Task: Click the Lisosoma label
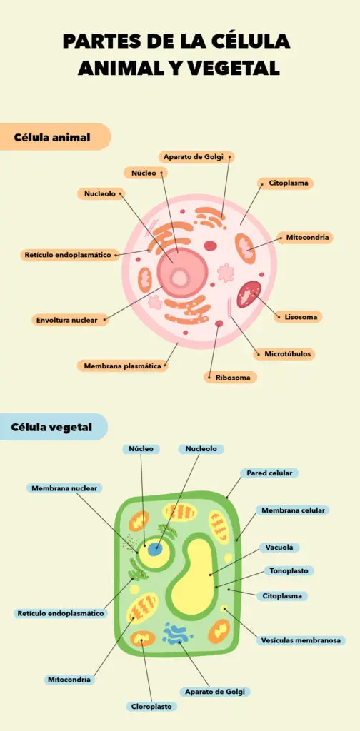300,317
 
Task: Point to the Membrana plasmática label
122,366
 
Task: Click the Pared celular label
269,473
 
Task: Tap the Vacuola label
279,548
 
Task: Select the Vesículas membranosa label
301,640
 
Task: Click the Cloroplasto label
151,707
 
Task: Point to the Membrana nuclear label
64,488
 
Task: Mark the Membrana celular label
293,510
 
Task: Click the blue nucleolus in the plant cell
155,549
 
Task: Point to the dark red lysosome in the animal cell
249,293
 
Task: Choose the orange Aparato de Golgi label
196,157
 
